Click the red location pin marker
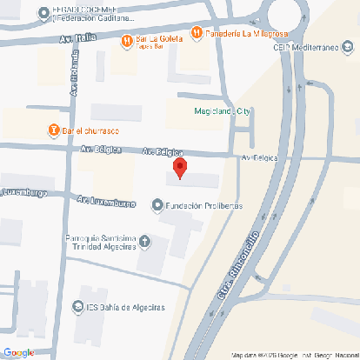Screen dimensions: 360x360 coord(179,167)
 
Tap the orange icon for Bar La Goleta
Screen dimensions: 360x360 coord(126,39)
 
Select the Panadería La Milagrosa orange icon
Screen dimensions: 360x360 coord(197,33)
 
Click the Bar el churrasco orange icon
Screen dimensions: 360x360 coord(55,130)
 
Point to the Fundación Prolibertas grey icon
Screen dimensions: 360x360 coord(157,205)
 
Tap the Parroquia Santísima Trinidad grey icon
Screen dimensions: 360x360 coord(144,241)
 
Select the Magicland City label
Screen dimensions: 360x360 coord(221,110)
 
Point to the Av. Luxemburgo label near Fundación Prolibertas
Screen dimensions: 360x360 coord(106,202)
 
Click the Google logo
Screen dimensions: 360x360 coord(18,351)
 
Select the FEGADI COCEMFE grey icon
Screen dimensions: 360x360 coord(44,12)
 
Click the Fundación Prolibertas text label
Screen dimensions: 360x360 coord(203,205)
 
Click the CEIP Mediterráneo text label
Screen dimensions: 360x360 coord(308,50)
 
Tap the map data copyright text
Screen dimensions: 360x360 coord(294,355)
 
